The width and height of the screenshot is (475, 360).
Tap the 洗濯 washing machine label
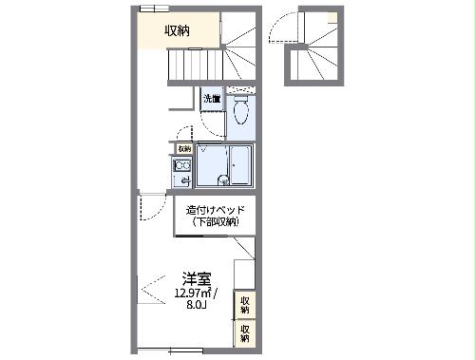[x=211, y=98]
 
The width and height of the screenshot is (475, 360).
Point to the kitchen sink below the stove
[x=182, y=180]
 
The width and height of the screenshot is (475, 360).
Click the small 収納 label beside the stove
[x=184, y=148]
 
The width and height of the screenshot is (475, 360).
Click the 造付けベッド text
[x=216, y=210]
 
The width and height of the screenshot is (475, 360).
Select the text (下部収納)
[x=216, y=221]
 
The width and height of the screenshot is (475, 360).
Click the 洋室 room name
[x=197, y=278]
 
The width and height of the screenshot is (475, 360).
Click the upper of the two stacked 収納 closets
[x=245, y=304]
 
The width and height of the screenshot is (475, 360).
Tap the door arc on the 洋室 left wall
[x=150, y=209]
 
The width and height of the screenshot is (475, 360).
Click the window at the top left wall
[x=149, y=9]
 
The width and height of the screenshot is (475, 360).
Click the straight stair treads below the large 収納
[x=195, y=66]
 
